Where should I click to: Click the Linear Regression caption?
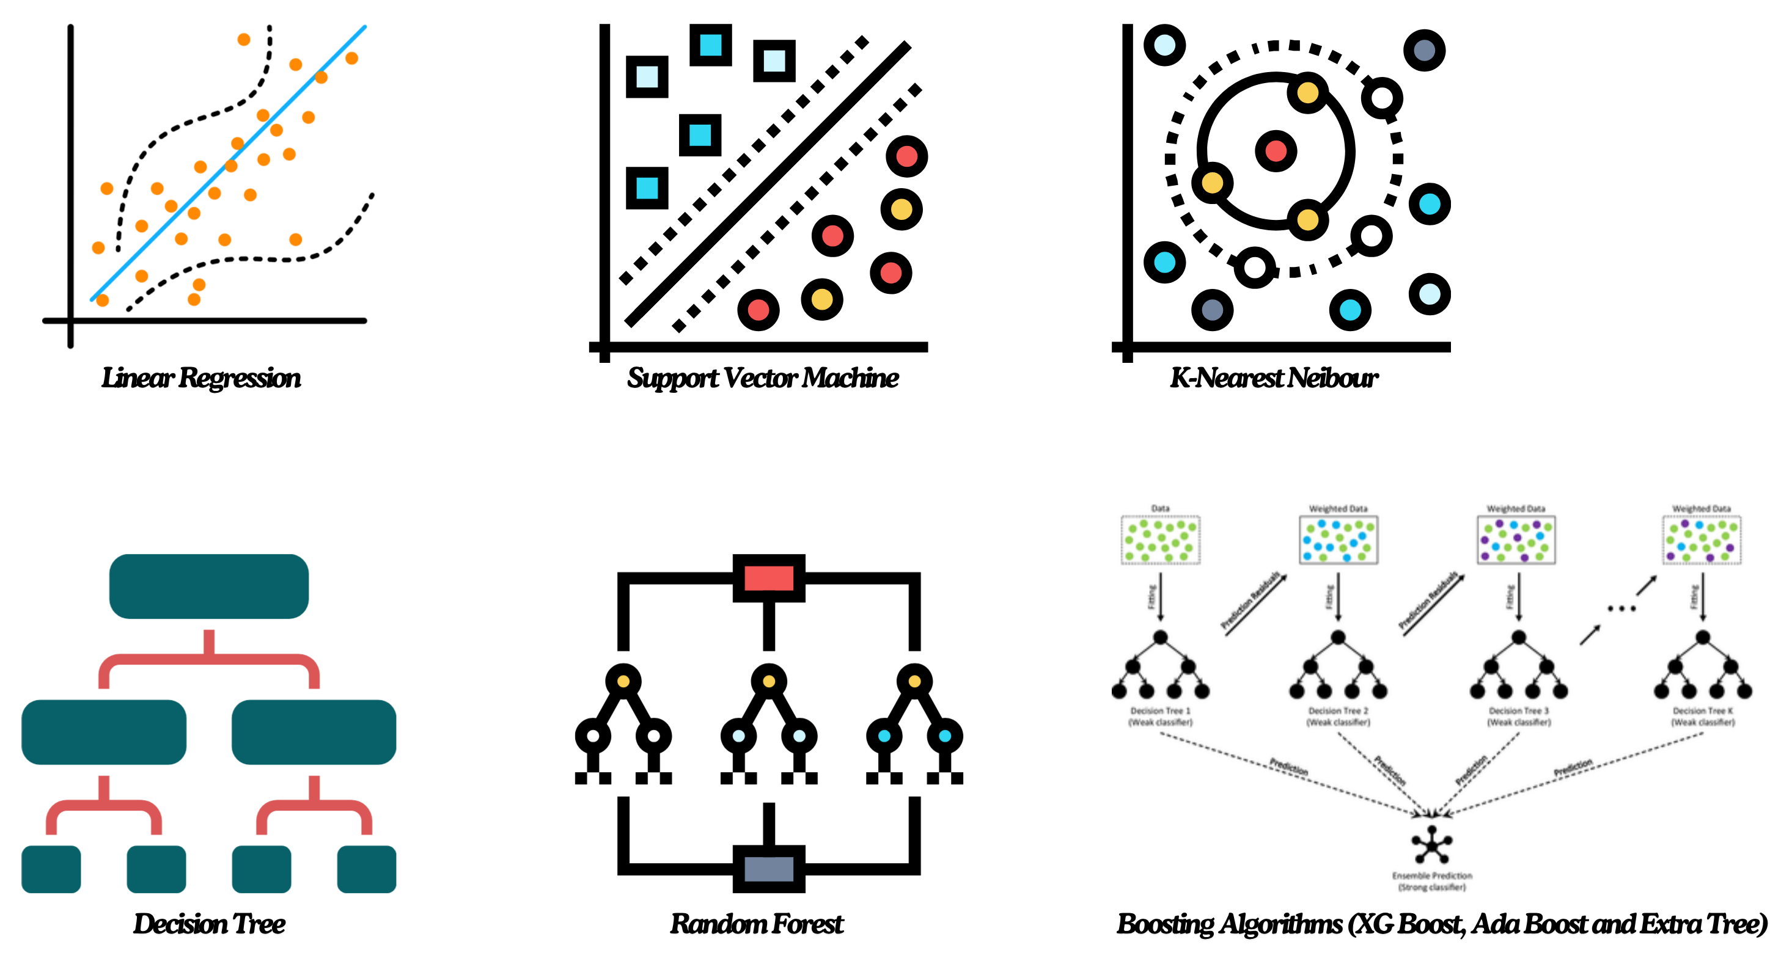201,378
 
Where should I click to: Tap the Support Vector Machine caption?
763,378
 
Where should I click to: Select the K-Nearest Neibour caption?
1274,378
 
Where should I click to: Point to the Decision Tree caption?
209,924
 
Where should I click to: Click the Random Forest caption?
757,924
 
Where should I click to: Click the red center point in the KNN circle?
1276,151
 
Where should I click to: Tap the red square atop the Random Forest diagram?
769,578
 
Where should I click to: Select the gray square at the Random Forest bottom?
769,869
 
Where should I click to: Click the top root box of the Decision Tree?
209,586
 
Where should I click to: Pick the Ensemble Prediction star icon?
1431,845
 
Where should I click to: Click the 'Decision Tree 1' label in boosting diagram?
1160,710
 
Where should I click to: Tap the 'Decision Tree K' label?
1703,710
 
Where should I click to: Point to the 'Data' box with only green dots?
1160,540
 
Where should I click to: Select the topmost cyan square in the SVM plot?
711,45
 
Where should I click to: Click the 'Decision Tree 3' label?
1518,710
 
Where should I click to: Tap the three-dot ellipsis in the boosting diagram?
1621,609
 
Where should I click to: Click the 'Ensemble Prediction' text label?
1432,876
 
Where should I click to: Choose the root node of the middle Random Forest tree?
769,682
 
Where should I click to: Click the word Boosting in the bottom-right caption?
1165,924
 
